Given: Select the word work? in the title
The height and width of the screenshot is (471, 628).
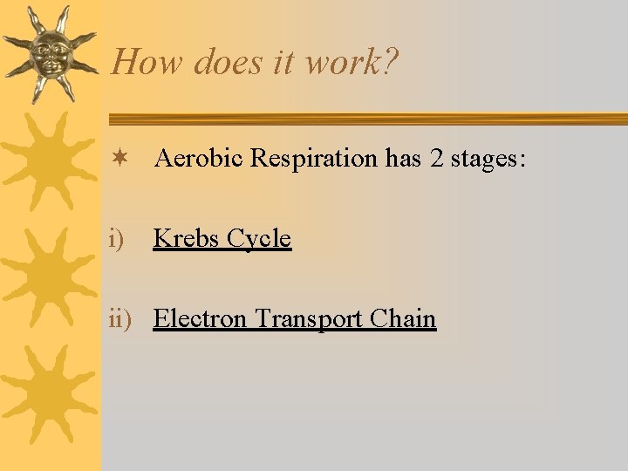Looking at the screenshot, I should point(350,63).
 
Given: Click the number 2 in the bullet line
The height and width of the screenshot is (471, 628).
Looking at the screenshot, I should point(436,159).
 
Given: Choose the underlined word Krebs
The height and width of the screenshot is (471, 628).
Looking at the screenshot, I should point(186,238).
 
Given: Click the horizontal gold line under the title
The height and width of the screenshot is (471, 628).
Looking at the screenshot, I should point(366,119).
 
